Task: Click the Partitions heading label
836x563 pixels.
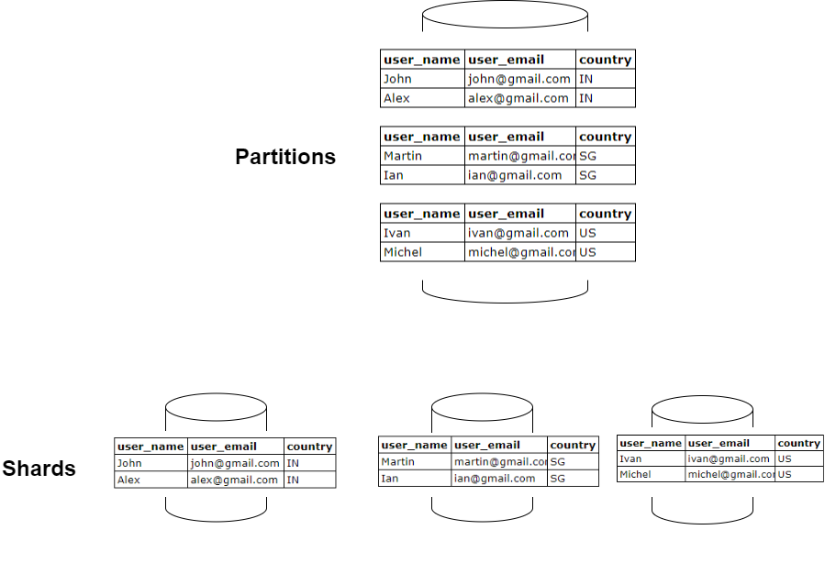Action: pyautogui.click(x=285, y=157)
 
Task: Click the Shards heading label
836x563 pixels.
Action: pyautogui.click(x=39, y=469)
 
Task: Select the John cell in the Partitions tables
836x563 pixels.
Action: pyautogui.click(x=397, y=79)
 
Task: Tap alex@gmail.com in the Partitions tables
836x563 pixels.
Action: pyautogui.click(x=518, y=98)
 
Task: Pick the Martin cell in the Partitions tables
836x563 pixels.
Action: pyautogui.click(x=403, y=156)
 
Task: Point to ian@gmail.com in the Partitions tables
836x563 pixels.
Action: pyautogui.click(x=515, y=175)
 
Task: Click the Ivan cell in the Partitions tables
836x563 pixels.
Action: pyautogui.click(x=397, y=233)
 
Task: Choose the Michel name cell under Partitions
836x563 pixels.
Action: pyautogui.click(x=403, y=252)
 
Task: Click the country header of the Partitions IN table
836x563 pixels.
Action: pyautogui.click(x=605, y=60)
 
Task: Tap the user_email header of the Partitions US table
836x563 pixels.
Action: pyautogui.click(x=507, y=214)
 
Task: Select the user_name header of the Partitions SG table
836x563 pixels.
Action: pyautogui.click(x=422, y=137)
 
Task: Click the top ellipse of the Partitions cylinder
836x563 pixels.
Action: pyautogui.click(x=505, y=15)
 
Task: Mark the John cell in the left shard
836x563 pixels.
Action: pyautogui.click(x=129, y=463)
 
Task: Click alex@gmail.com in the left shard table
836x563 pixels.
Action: pyautogui.click(x=235, y=480)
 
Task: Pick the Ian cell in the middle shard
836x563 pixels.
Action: pyautogui.click(x=389, y=478)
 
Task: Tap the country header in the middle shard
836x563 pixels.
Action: pyautogui.click(x=573, y=445)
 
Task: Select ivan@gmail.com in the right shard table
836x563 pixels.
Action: pyautogui.click(x=729, y=458)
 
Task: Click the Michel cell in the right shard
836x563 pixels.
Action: pyautogui.click(x=635, y=474)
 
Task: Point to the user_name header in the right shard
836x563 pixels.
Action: pyautogui.click(x=651, y=443)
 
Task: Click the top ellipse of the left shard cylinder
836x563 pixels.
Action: pyautogui.click(x=216, y=408)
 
